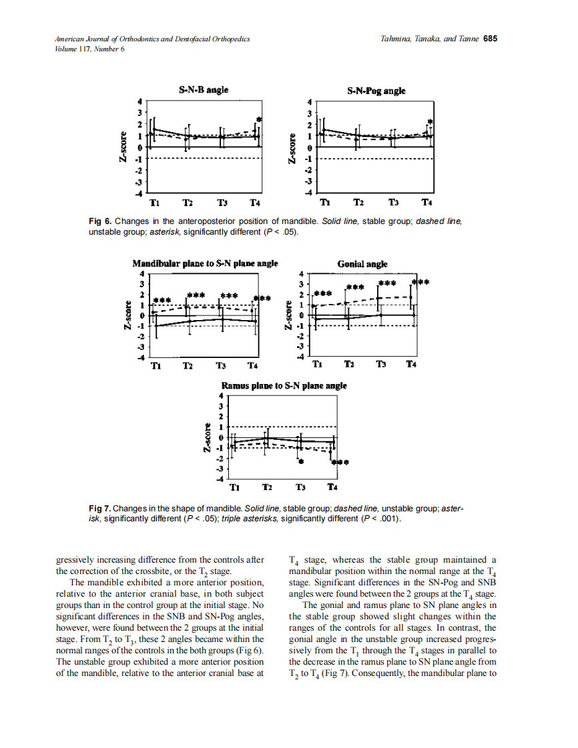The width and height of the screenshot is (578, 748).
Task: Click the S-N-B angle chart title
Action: pos(204,90)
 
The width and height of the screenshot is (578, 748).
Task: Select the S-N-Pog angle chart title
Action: pos(376,91)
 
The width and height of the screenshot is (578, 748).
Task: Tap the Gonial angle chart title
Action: pos(362,264)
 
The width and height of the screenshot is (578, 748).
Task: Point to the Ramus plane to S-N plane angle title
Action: pos(284,385)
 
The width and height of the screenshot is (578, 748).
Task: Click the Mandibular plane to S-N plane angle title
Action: pos(205,263)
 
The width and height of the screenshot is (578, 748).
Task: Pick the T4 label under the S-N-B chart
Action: pos(254,202)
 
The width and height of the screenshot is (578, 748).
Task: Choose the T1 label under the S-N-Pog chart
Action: pos(325,202)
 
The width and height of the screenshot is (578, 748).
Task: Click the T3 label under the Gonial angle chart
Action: pos(380,364)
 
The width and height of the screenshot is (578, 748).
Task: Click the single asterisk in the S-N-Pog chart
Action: pos(430,123)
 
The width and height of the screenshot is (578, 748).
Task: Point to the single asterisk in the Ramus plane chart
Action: pos(301,461)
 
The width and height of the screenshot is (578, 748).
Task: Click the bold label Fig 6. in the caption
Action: pos(100,221)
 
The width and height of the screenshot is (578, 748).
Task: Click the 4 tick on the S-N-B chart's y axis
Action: pos(140,101)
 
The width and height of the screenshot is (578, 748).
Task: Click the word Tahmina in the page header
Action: pos(393,39)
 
